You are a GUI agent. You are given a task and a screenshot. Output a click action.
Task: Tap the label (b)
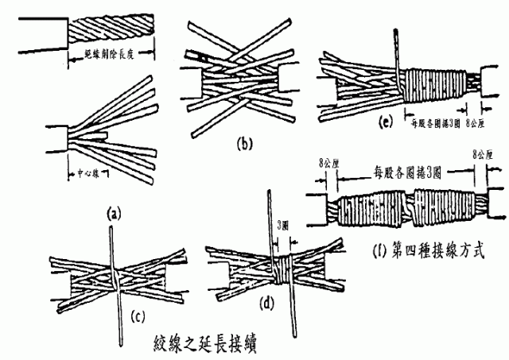[x=244, y=144]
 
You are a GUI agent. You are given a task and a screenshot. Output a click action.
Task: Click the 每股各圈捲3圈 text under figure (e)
[x=433, y=124]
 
